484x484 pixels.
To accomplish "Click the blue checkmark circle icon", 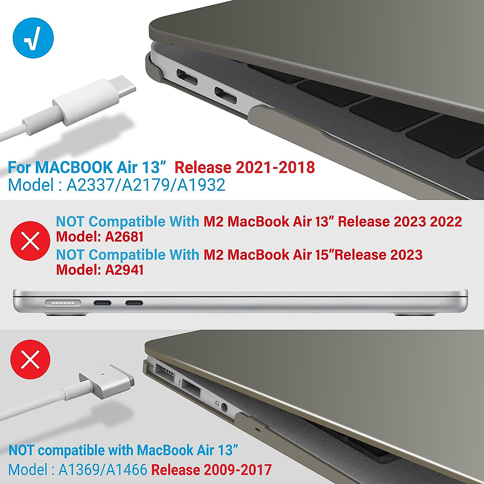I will pyautogui.click(x=33, y=39).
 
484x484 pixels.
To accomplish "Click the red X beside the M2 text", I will pyautogui.click(x=30, y=241).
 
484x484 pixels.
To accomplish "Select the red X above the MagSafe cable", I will pyautogui.click(x=30, y=359).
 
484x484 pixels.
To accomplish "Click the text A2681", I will pyautogui.click(x=124, y=237).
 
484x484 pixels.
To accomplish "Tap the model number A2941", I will pyautogui.click(x=124, y=270).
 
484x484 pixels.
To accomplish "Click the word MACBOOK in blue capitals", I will pyautogui.click(x=74, y=167).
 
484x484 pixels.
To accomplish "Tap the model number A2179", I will pyautogui.click(x=147, y=185).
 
